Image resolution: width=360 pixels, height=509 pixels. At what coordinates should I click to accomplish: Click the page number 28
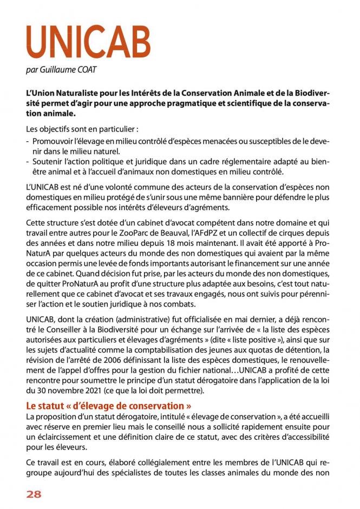coord(34,494)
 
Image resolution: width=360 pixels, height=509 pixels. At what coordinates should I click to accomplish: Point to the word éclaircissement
coord(63,436)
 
